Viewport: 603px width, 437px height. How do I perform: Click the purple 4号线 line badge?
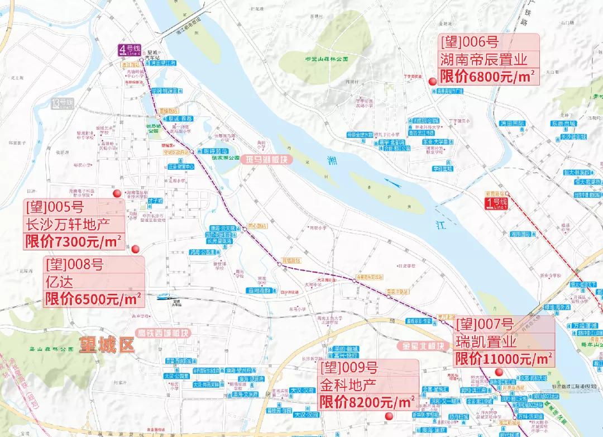click(125, 49)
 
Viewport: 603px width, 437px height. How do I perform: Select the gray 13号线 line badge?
click(61, 103)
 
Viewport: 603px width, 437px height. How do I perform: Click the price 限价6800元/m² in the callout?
click(487, 76)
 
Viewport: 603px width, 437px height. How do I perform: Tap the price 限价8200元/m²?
click(366, 401)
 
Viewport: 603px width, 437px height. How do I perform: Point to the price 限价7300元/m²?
click(73, 241)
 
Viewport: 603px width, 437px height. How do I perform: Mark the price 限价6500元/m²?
click(93, 298)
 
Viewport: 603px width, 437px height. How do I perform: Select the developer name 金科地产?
click(348, 384)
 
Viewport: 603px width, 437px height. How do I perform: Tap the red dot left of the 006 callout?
click(432, 82)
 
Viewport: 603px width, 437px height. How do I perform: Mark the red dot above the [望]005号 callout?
click(117, 193)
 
